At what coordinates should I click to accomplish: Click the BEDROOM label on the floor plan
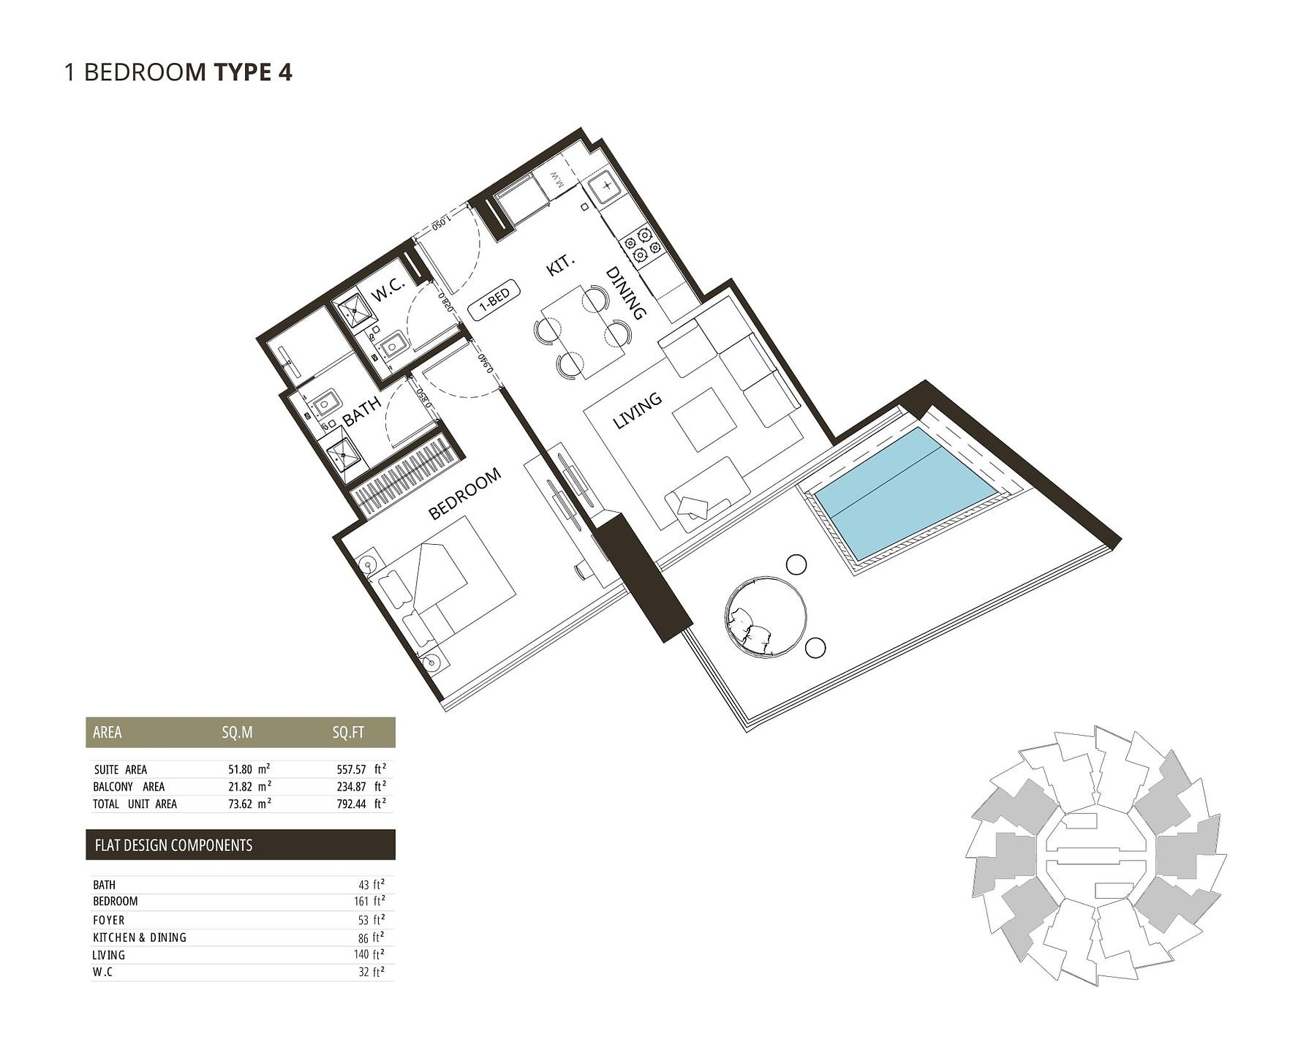point(464,494)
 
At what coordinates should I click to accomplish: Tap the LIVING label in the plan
point(637,410)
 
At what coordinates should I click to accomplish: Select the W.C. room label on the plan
point(388,290)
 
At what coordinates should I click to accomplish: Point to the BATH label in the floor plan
point(361,412)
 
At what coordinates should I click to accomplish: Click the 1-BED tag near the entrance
point(494,300)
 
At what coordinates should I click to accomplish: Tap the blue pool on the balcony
point(905,494)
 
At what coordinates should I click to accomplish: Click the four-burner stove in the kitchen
point(641,245)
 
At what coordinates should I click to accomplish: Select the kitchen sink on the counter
point(606,186)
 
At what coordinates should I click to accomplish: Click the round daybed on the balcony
point(766,616)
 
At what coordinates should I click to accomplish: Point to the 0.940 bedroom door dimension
point(484,363)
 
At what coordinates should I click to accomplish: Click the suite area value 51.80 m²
point(249,769)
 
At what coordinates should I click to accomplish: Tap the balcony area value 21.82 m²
point(249,786)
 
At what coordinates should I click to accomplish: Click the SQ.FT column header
point(348,733)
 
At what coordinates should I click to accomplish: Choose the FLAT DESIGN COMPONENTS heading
point(173,845)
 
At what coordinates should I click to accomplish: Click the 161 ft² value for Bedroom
point(369,901)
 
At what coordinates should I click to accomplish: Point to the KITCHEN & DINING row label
point(140,937)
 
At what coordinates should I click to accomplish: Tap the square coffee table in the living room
point(704,420)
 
